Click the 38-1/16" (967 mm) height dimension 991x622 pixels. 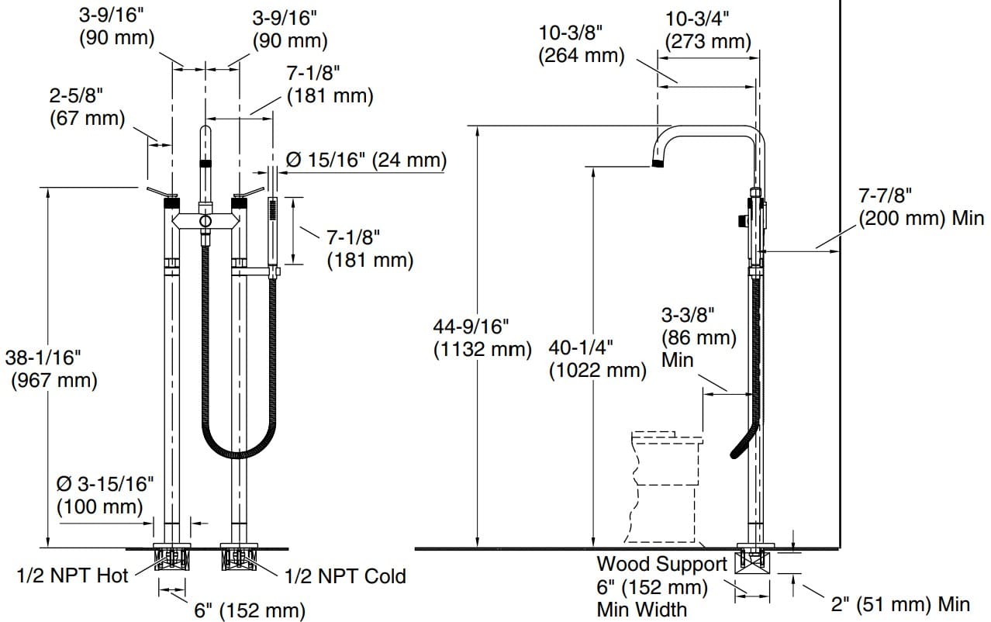point(51,369)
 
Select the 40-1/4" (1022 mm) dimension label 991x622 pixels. point(597,358)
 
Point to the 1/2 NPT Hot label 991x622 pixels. point(72,575)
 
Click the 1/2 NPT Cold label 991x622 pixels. point(345,576)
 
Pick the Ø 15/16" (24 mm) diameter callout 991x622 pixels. point(366,161)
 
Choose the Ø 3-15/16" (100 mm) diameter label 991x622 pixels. point(105,496)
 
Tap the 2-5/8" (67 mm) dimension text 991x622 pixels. point(86,107)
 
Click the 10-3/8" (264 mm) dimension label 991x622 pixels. point(582,43)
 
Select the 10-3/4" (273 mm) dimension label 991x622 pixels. point(708,29)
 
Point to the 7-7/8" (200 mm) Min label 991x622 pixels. point(920,206)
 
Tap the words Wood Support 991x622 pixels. point(661,564)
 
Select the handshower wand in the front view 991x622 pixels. point(273,233)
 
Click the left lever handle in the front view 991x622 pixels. point(161,192)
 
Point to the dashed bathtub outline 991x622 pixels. point(665,489)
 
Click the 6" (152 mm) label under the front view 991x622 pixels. point(249,610)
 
